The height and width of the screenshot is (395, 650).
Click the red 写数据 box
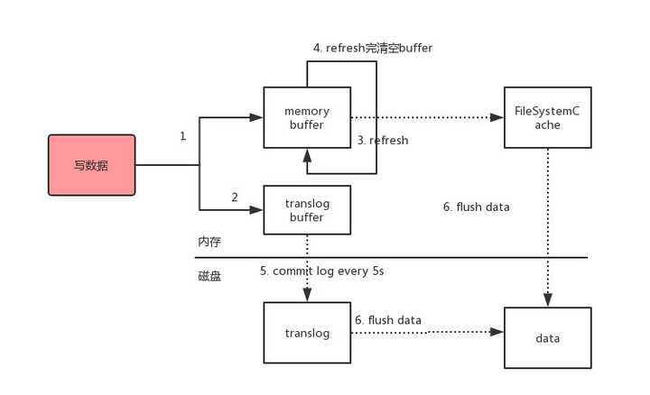pyautogui.click(x=91, y=165)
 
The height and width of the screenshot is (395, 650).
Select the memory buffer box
pyautogui.click(x=307, y=118)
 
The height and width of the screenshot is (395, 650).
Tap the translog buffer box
pyautogui.click(x=307, y=210)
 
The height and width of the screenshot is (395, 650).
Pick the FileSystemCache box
pyautogui.click(x=548, y=118)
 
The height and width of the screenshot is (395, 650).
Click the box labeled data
pyautogui.click(x=547, y=338)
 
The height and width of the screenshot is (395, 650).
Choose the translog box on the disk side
pyautogui.click(x=307, y=333)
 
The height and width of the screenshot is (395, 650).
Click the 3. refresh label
pyautogui.click(x=382, y=141)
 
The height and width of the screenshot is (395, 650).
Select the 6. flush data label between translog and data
pyautogui.click(x=387, y=319)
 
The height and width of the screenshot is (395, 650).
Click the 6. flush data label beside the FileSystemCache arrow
pyautogui.click(x=476, y=207)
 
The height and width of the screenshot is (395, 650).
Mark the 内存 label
pyautogui.click(x=209, y=243)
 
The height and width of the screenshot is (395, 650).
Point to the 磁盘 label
pyautogui.click(x=209, y=277)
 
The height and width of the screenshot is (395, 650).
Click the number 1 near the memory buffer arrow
pyautogui.click(x=182, y=136)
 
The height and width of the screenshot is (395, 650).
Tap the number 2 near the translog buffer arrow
pyautogui.click(x=234, y=197)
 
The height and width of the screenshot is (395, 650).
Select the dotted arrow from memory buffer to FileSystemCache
pyautogui.click(x=424, y=117)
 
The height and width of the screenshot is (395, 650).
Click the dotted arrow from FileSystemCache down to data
pyautogui.click(x=548, y=225)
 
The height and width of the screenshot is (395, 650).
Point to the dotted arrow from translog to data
pyautogui.click(x=424, y=332)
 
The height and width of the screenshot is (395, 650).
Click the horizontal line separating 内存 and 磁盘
pyautogui.click(x=406, y=258)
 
